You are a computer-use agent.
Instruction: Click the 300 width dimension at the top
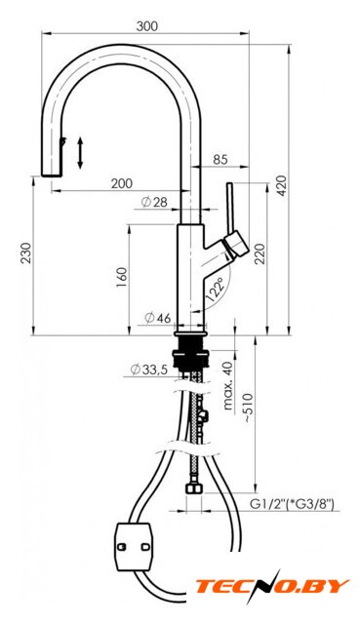(147, 26)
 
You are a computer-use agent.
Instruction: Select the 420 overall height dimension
(282, 185)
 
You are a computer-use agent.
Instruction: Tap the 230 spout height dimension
(26, 253)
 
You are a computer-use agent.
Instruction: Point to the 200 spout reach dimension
(121, 183)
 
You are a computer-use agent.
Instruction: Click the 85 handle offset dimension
(220, 159)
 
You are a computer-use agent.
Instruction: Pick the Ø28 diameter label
(154, 203)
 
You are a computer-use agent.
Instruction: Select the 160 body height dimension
(122, 278)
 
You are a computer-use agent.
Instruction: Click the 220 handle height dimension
(260, 253)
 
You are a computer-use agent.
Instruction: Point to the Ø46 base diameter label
(158, 318)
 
